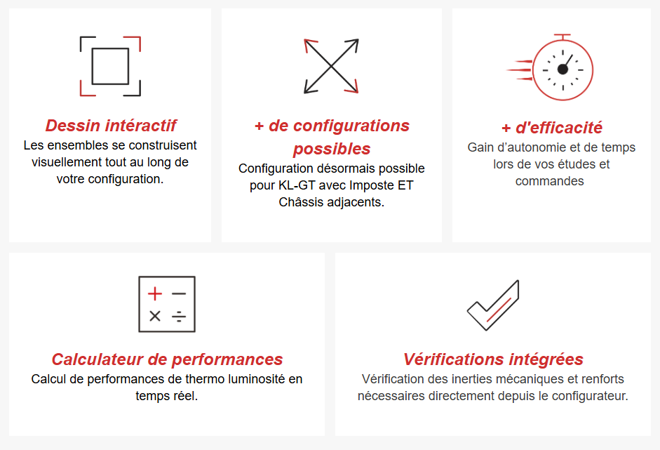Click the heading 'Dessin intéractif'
(110, 126)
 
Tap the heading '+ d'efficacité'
(551, 128)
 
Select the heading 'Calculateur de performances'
(167, 359)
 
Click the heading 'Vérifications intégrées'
(493, 359)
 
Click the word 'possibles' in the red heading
(332, 149)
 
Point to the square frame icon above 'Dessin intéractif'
(110, 66)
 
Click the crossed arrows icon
(331, 65)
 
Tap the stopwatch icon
(561, 68)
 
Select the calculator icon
(167, 304)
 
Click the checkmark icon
(493, 305)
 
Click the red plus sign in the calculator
(155, 293)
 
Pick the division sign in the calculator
(179, 316)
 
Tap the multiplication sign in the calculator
(155, 316)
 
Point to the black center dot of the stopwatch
(563, 69)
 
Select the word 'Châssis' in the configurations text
(300, 203)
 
